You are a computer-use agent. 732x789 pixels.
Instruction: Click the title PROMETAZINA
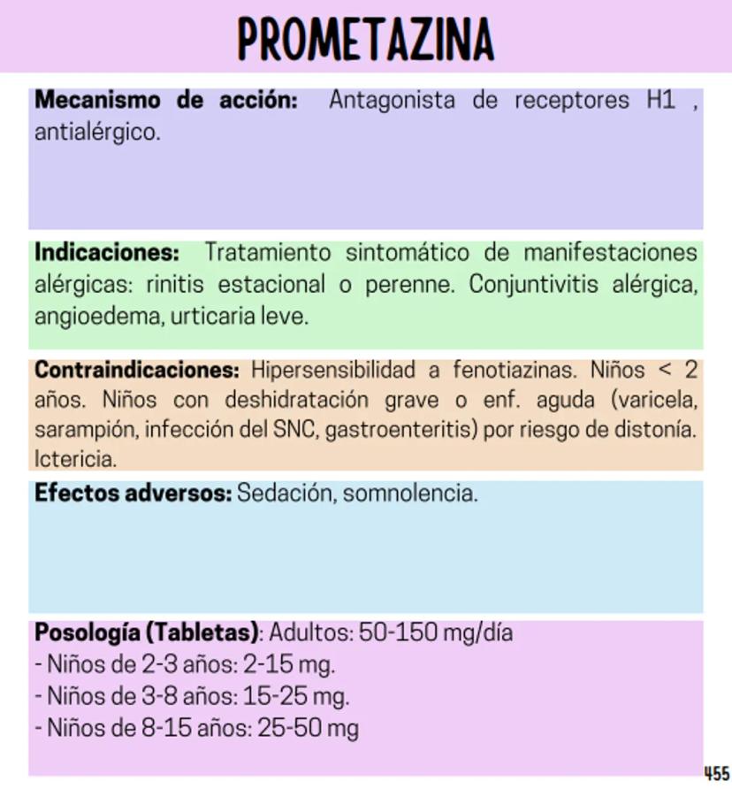click(x=365, y=39)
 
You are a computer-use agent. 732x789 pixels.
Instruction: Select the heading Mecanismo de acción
click(x=166, y=100)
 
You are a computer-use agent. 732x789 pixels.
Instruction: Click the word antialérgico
click(x=97, y=134)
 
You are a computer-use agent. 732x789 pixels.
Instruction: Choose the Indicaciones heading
click(x=107, y=253)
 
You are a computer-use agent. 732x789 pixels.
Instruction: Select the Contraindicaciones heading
click(x=137, y=370)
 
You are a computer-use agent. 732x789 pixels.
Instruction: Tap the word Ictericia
click(x=75, y=460)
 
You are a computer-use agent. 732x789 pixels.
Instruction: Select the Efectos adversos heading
click(x=133, y=493)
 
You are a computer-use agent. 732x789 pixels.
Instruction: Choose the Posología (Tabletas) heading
click(x=147, y=633)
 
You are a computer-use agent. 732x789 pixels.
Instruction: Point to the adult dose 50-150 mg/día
click(x=436, y=633)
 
